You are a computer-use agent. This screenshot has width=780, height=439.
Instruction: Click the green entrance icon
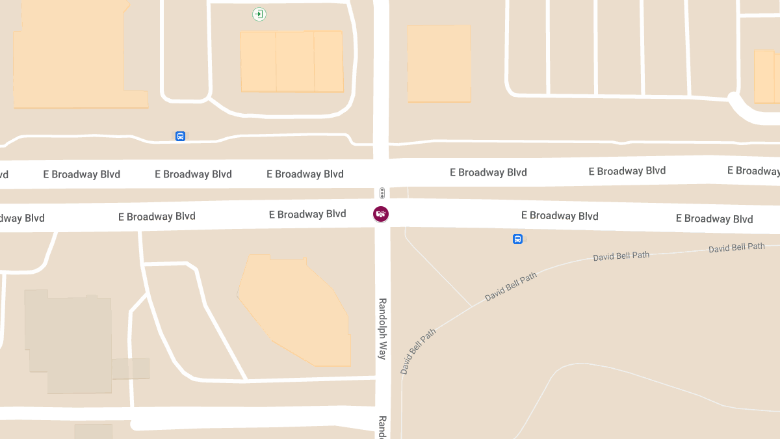[x=259, y=14]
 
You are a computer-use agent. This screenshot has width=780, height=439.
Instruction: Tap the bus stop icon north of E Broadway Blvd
[x=180, y=136]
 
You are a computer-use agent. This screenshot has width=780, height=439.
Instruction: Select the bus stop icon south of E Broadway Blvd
[x=517, y=239]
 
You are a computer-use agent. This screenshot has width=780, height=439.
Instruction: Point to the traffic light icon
[x=382, y=193]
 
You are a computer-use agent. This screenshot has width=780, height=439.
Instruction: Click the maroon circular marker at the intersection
[x=381, y=213]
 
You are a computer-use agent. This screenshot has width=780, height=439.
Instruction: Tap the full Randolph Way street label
[x=383, y=328]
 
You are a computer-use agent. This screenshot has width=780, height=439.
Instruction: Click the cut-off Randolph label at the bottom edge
[x=383, y=427]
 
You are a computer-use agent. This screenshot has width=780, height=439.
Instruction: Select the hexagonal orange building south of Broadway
[x=296, y=309]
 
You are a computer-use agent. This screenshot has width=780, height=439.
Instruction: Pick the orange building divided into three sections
[x=292, y=61]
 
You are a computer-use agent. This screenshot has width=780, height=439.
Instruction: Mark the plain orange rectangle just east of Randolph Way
[x=439, y=63]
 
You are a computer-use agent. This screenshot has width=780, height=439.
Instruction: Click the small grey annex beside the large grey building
[x=131, y=369]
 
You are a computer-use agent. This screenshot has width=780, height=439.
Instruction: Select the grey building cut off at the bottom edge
[x=93, y=431]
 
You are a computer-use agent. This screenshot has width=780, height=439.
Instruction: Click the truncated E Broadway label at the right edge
[x=753, y=171]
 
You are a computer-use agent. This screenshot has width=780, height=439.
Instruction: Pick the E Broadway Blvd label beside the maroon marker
[x=307, y=214]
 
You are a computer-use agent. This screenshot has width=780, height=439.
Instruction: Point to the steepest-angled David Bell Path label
[x=418, y=351]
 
